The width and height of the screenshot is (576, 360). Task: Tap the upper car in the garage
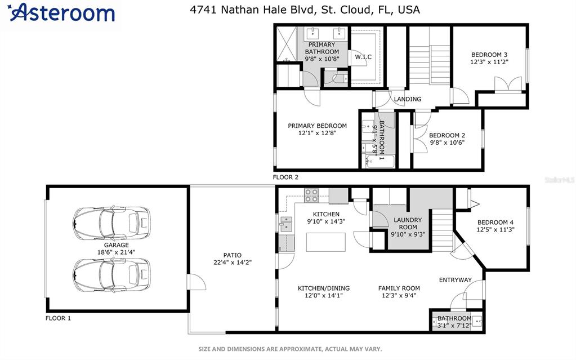(x=111, y=223)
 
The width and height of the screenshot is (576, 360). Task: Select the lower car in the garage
(x=111, y=275)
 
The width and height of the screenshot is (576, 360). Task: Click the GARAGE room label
(x=117, y=245)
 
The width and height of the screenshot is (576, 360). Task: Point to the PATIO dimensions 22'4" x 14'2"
(x=233, y=263)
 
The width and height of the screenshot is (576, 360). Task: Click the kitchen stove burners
(x=311, y=195)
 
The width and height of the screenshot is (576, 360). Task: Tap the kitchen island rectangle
(x=326, y=242)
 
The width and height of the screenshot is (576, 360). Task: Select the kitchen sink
(x=286, y=224)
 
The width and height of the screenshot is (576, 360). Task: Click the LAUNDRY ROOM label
(x=408, y=224)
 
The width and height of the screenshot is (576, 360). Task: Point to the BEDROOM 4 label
(x=495, y=223)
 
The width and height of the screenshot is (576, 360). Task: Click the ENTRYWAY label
(x=456, y=280)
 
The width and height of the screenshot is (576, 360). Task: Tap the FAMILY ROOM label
(x=399, y=288)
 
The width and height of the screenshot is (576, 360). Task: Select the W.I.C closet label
(x=363, y=57)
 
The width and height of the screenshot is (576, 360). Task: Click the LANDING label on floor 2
(x=408, y=99)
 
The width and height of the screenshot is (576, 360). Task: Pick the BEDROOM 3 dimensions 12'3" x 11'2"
(x=489, y=62)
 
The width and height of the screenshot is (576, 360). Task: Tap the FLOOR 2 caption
(x=285, y=177)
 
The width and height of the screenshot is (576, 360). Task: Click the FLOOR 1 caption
(x=58, y=318)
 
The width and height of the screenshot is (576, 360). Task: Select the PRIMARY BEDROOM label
(x=318, y=126)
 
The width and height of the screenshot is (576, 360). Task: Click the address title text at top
(x=305, y=10)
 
